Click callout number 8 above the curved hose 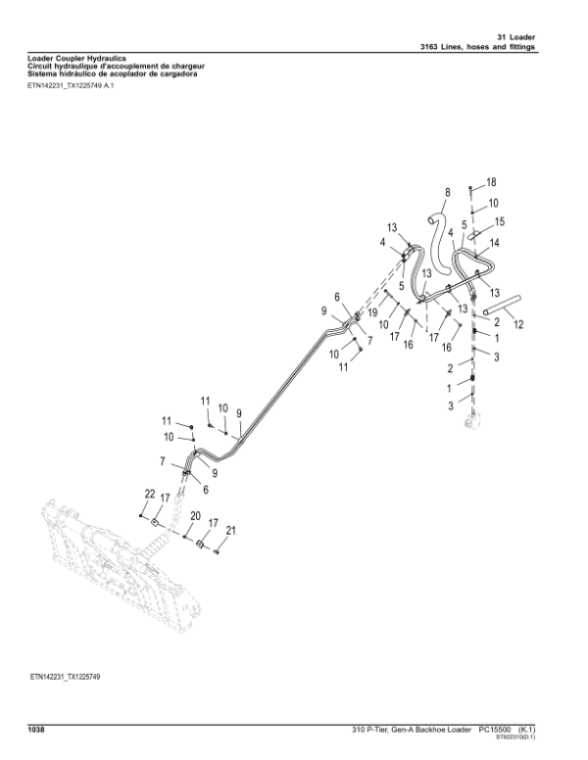point(447,192)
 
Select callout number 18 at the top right point(491,183)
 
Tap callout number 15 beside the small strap point(499,222)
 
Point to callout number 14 point(495,243)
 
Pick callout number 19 point(372,310)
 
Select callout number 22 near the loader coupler point(150,493)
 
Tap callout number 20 point(195,516)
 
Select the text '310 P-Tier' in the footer point(374,730)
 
